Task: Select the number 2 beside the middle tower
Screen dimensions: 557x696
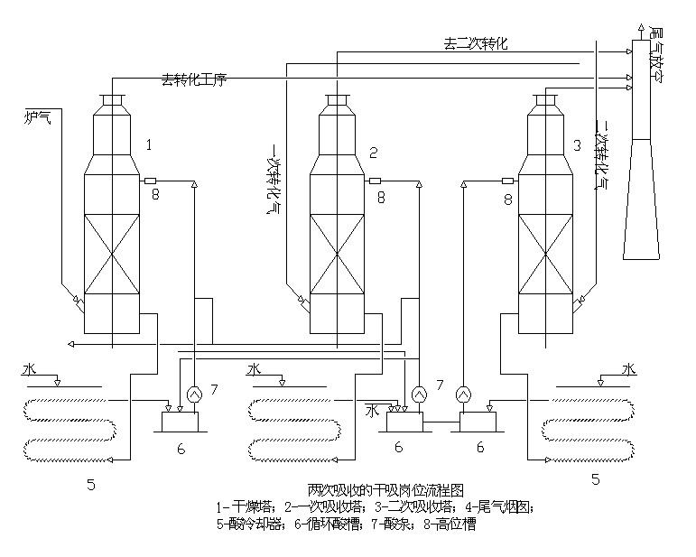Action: [373, 151]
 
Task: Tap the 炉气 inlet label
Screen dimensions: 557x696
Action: [37, 116]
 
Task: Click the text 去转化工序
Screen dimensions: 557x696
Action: [193, 79]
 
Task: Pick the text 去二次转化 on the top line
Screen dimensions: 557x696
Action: [475, 42]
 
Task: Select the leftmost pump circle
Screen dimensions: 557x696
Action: [192, 394]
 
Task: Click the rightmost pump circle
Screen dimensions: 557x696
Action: [462, 394]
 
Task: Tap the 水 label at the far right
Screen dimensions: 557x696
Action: [629, 369]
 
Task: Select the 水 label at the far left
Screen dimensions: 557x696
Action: [30, 369]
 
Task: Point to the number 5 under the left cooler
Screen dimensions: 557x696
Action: [91, 485]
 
